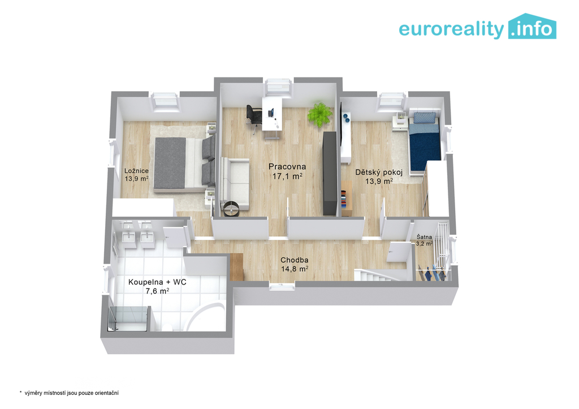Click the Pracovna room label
(x=287, y=167)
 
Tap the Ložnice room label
(x=136, y=171)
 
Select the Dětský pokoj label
(x=379, y=172)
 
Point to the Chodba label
(x=294, y=260)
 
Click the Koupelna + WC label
(x=157, y=282)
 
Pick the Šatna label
(x=424, y=237)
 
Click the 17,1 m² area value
(x=287, y=176)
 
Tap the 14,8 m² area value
(x=294, y=269)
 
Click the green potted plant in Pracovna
(x=320, y=114)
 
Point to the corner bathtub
(x=206, y=317)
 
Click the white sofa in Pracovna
(x=235, y=184)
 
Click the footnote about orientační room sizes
(x=70, y=393)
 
